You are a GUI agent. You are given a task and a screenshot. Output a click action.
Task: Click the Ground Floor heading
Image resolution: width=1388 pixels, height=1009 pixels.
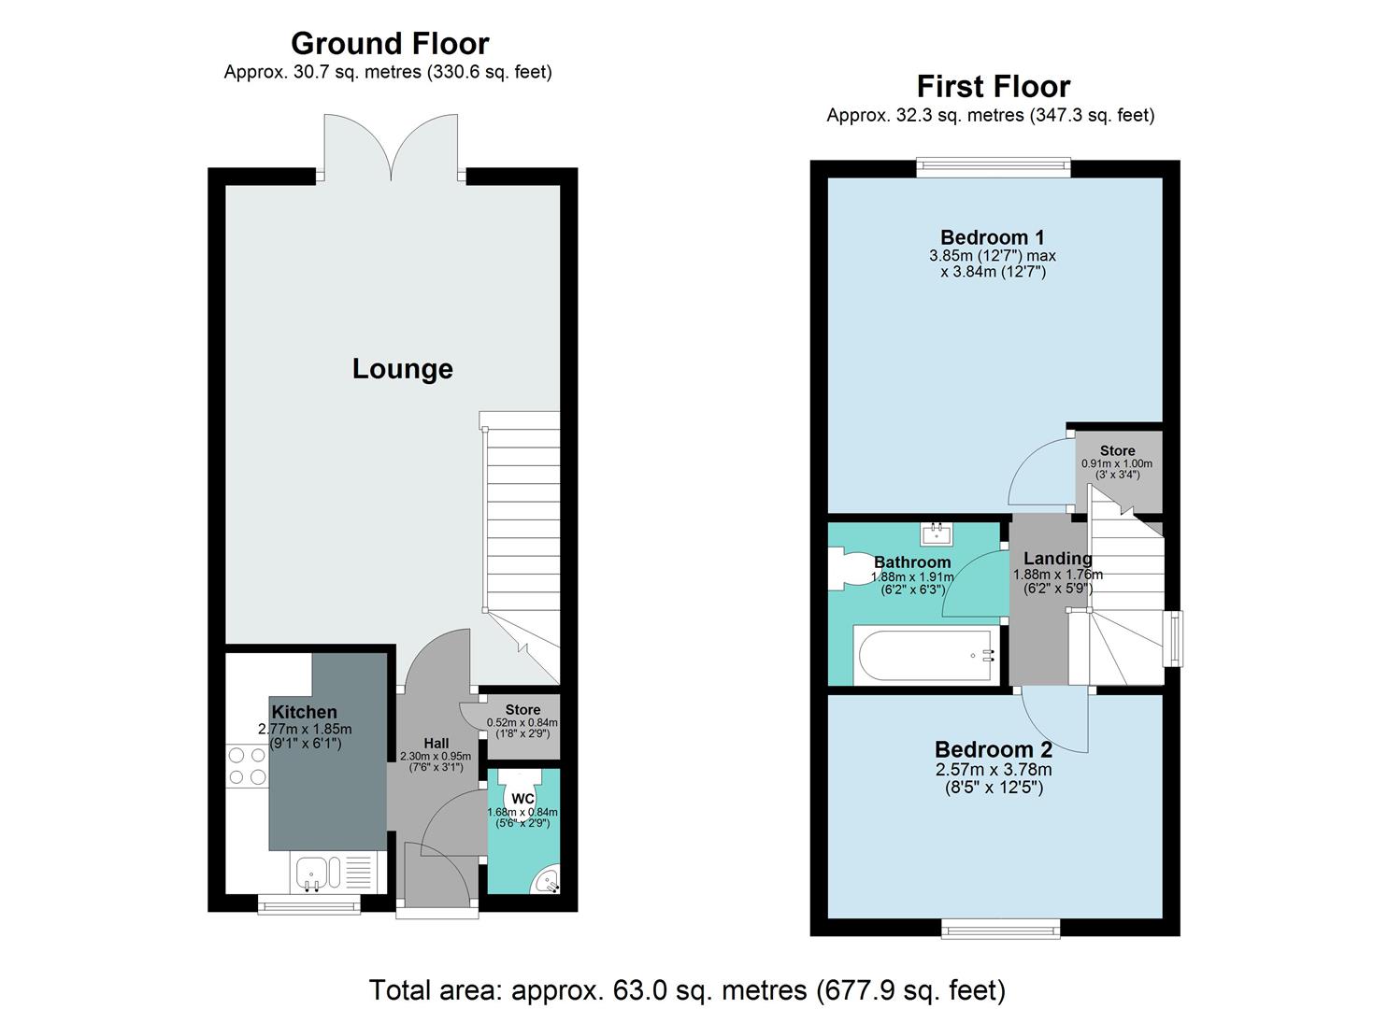point(389,44)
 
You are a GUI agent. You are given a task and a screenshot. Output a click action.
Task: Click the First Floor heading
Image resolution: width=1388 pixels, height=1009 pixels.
point(993,87)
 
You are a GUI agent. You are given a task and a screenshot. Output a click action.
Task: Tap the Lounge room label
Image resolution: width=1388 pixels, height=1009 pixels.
point(402,369)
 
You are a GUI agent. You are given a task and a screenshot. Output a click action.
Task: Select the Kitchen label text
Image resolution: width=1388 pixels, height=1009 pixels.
point(304,713)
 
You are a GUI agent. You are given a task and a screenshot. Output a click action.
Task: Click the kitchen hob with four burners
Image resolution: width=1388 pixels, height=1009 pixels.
point(247,765)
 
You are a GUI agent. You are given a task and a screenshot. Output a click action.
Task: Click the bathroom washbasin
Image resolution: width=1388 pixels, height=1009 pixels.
point(934,534)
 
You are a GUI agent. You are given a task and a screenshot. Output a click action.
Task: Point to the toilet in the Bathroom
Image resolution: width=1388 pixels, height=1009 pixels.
point(845,567)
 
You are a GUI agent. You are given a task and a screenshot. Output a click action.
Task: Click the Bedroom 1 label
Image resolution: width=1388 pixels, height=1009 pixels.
point(992,237)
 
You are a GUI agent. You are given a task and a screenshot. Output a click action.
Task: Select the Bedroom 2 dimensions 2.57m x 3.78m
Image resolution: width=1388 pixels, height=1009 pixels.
point(993,770)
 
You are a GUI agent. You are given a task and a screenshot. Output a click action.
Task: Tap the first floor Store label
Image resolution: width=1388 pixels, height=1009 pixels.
point(1117,450)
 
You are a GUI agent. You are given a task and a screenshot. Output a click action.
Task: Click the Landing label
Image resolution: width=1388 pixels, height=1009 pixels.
point(1057,559)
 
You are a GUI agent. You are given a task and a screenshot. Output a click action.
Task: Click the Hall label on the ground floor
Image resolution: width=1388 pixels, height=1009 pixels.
point(436,744)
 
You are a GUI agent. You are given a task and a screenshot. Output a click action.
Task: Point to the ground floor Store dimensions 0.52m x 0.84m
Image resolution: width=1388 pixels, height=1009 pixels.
point(522,722)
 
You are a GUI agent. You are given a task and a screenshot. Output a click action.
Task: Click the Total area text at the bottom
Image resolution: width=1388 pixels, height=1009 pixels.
point(687,989)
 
